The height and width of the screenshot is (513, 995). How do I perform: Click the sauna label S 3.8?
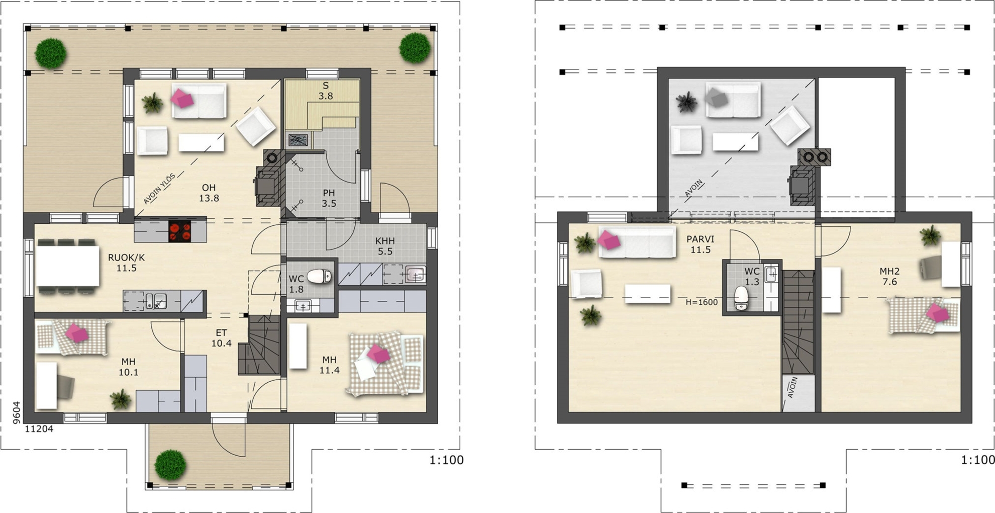pyautogui.click(x=326, y=91)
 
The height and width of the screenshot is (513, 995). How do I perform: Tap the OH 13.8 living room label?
pyautogui.click(x=209, y=193)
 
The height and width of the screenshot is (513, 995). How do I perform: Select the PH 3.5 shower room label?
pyautogui.click(x=329, y=198)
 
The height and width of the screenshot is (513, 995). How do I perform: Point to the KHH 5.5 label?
pyautogui.click(x=385, y=246)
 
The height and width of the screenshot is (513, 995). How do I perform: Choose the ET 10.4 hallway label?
pyautogui.click(x=221, y=338)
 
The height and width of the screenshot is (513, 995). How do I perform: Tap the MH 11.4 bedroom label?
pyautogui.click(x=329, y=365)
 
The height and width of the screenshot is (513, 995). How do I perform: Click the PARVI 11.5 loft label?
pyautogui.click(x=701, y=244)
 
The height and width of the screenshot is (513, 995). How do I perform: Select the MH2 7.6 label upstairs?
pyautogui.click(x=889, y=277)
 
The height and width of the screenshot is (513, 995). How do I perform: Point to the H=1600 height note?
pyautogui.click(x=702, y=302)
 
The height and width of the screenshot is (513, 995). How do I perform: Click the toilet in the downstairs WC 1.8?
pyautogui.click(x=319, y=276)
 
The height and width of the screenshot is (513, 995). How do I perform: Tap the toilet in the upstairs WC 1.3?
pyautogui.click(x=741, y=298)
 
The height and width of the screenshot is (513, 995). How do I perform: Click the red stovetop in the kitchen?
pyautogui.click(x=180, y=231)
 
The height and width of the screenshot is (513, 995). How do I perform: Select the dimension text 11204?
pyautogui.click(x=39, y=429)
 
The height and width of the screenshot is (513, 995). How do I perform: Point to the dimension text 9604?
pyautogui.click(x=17, y=413)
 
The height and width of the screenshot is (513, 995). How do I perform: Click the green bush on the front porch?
pyautogui.click(x=170, y=464)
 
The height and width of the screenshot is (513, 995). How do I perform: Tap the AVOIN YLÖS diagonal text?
pyautogui.click(x=159, y=189)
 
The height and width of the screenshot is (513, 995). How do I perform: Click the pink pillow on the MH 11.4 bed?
pyautogui.click(x=378, y=354)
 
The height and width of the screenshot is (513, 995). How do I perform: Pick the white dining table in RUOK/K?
pyautogui.click(x=67, y=266)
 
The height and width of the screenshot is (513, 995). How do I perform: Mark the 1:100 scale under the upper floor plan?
pyautogui.click(x=977, y=460)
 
